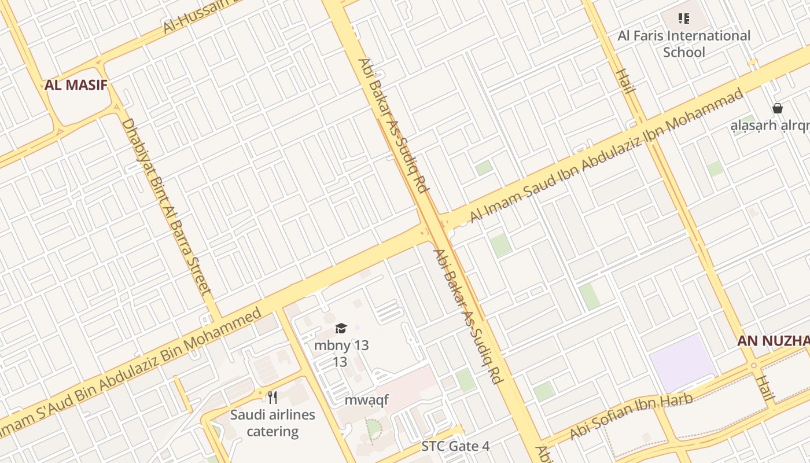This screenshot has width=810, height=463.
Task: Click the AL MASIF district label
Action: pos(76,85)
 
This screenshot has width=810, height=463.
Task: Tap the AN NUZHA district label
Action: pos(773,341)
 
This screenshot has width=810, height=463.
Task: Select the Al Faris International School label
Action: pos(684,43)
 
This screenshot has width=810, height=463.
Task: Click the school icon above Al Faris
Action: pos(684,19)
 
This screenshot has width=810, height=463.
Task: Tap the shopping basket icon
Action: pos(778,108)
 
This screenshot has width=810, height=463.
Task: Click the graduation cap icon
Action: pos(341,328)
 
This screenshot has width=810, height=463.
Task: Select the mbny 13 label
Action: pos(341,346)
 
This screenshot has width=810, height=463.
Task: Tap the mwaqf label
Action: pos(367,400)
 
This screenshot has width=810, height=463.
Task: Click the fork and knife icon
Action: pos(273,398)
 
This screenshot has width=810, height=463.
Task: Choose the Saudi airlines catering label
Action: pos(273,423)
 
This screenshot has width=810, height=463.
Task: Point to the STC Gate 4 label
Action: pos(455,446)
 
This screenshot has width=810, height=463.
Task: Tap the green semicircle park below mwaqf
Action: pos(374,429)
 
